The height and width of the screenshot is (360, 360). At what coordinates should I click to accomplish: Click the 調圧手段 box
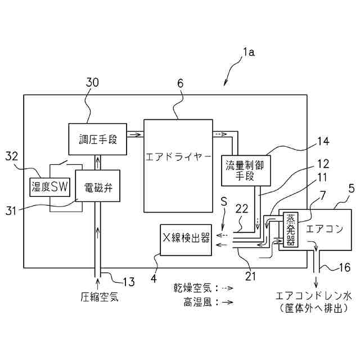[x=97, y=138]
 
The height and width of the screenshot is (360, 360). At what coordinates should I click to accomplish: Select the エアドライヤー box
[x=178, y=154]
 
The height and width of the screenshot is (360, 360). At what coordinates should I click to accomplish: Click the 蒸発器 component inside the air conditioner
[x=291, y=231]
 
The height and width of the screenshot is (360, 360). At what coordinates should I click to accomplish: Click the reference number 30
[x=92, y=82]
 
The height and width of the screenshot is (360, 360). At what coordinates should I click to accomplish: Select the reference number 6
[x=180, y=83]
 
